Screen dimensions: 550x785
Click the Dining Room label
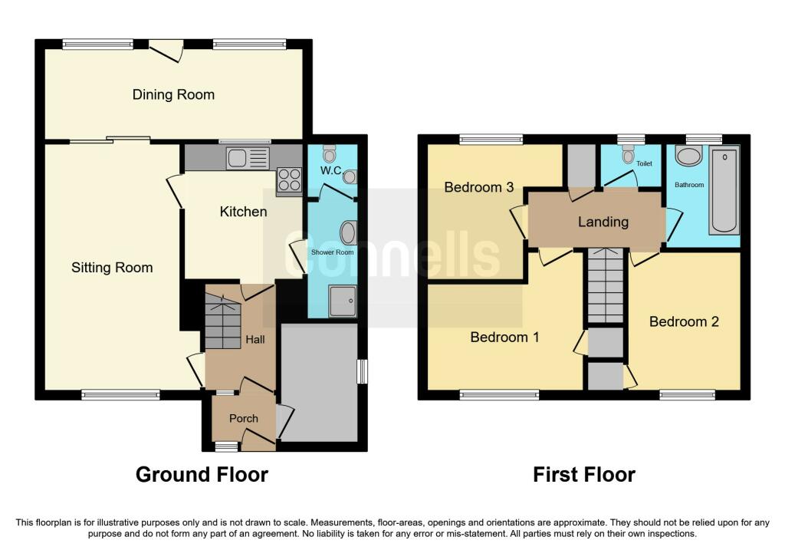(x=173, y=95)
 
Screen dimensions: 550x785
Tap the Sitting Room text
(x=112, y=268)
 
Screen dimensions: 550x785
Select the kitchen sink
(x=248, y=159)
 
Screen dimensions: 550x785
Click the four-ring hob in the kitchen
(x=288, y=179)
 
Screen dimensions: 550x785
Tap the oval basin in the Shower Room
(x=347, y=232)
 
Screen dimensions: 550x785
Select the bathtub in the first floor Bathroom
(x=724, y=192)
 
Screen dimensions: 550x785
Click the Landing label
(x=603, y=222)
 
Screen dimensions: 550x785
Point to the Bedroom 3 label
(x=478, y=187)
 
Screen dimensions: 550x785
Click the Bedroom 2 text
(x=684, y=321)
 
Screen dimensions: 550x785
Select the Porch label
(x=244, y=418)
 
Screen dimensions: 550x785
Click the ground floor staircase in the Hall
(x=222, y=323)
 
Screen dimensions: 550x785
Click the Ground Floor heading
(x=202, y=474)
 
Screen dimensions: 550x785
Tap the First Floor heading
(x=584, y=474)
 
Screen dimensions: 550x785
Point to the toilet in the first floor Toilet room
(x=629, y=156)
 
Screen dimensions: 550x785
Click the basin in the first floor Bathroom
(x=688, y=157)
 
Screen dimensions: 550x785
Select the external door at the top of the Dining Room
(x=166, y=48)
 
